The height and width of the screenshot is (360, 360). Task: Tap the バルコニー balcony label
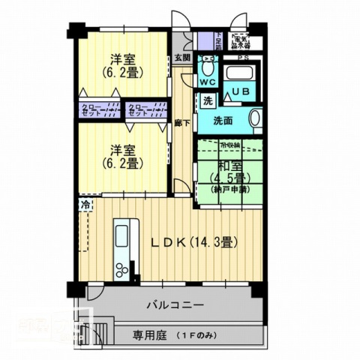pos(174,304)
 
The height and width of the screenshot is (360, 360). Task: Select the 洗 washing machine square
pos(207,101)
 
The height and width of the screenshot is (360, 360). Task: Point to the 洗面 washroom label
pos(223,120)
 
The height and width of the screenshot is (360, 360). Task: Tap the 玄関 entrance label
pos(182,58)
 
